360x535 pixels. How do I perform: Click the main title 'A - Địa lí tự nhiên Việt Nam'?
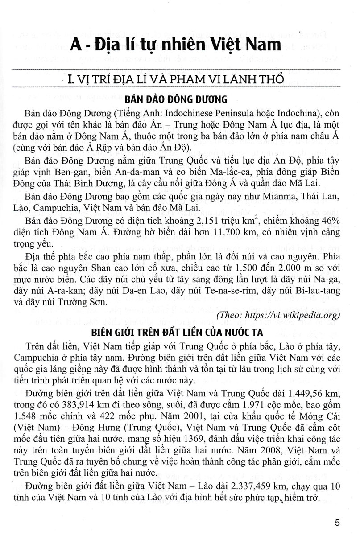coord(180,46)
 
